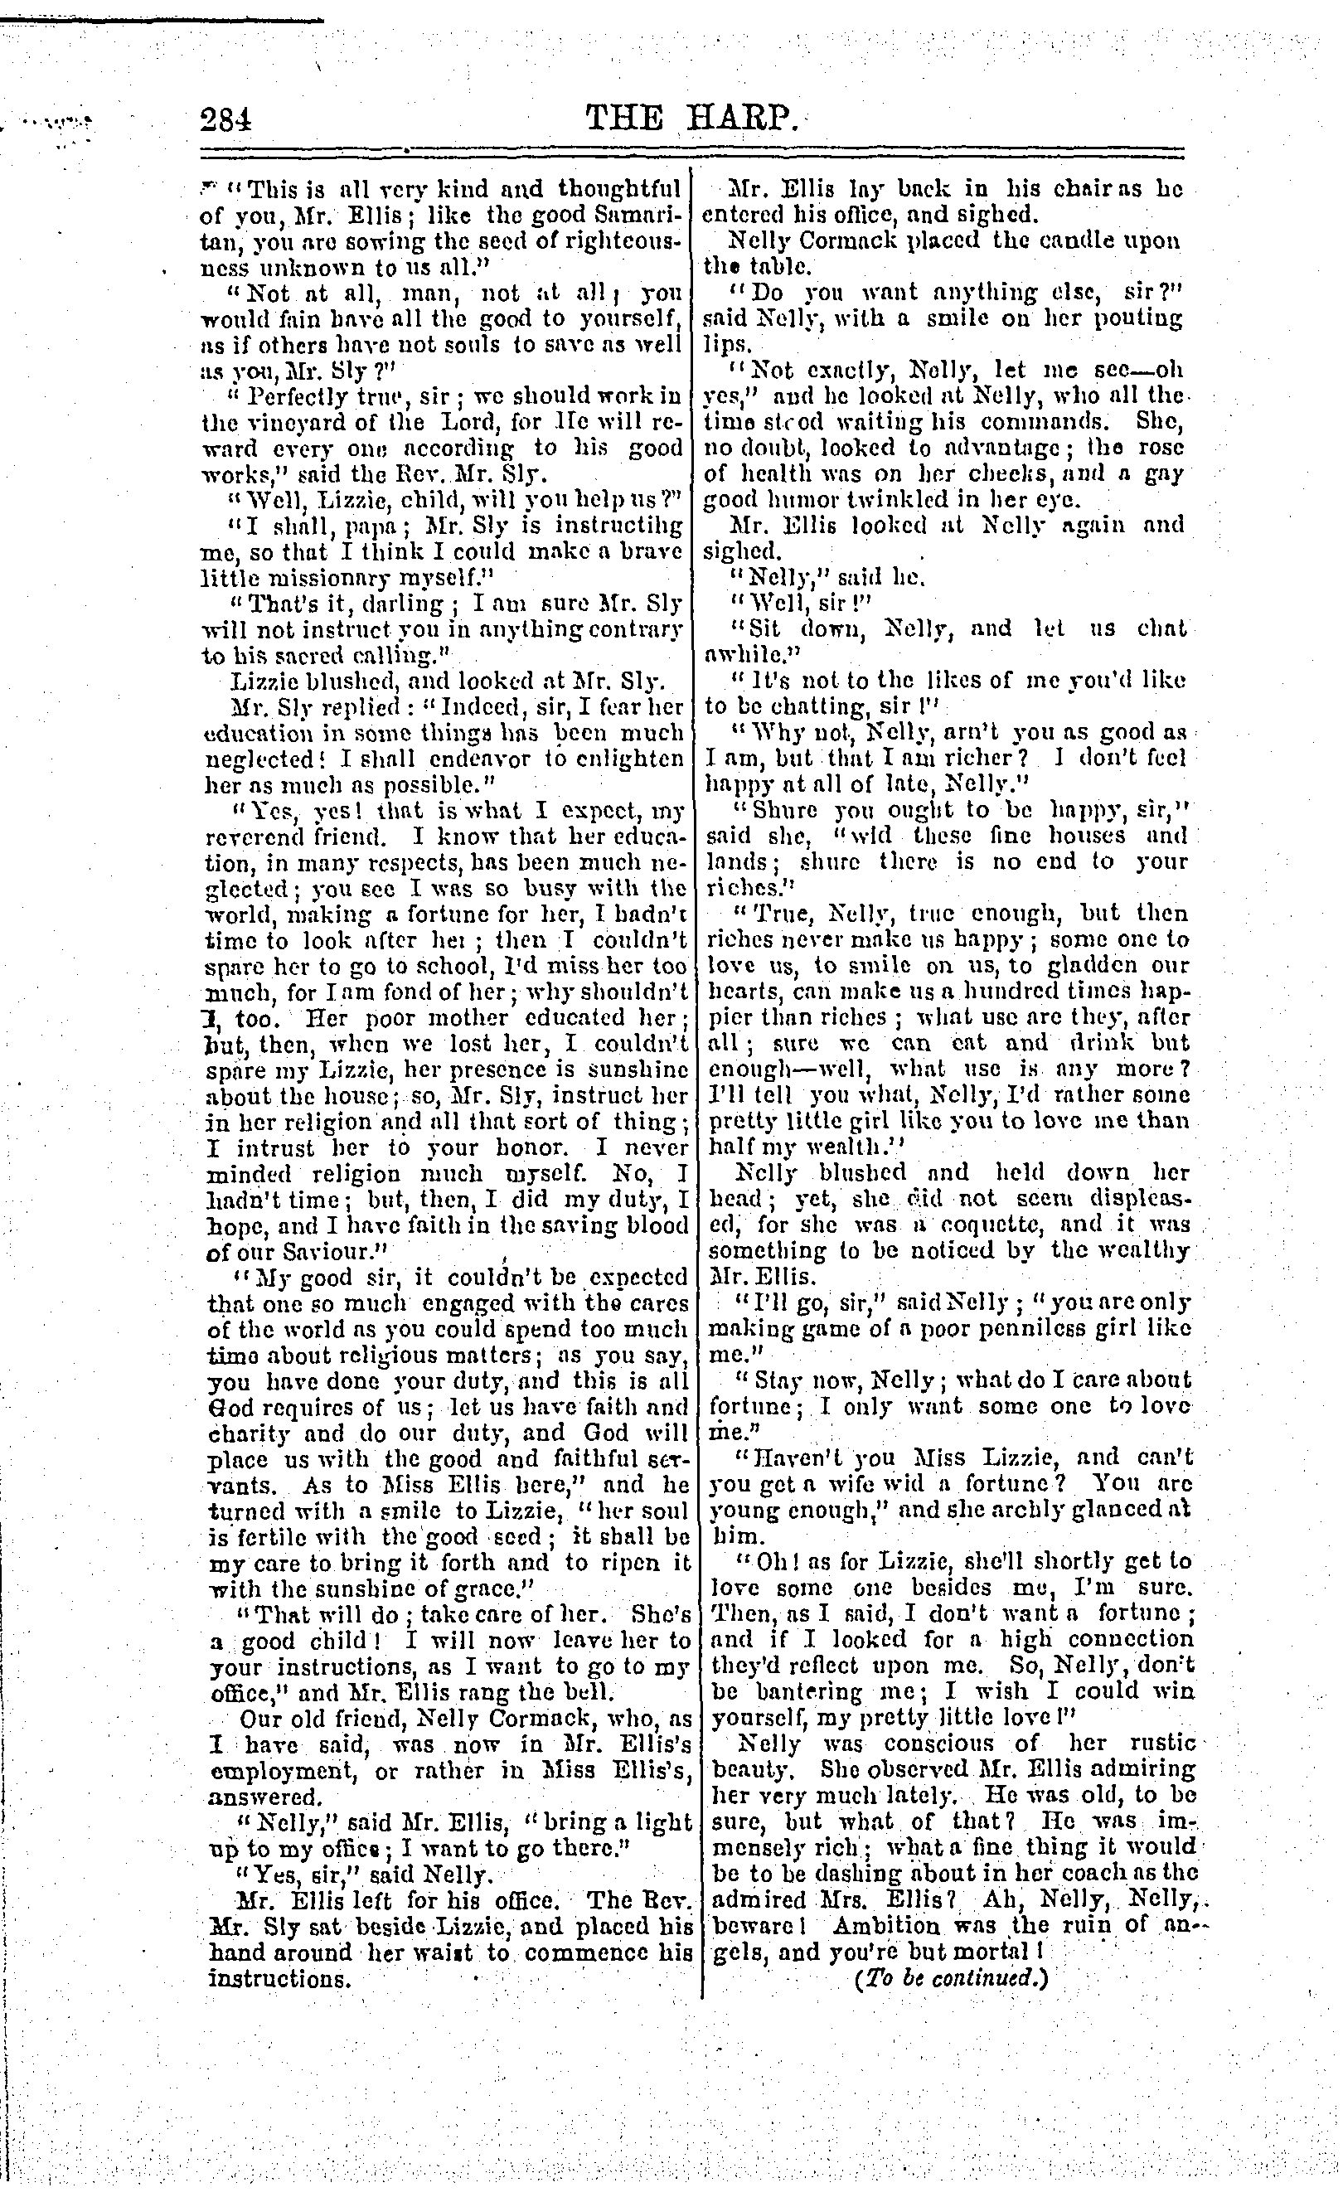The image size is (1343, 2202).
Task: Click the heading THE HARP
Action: (689, 118)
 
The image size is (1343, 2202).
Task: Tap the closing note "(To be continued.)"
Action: (950, 1976)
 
